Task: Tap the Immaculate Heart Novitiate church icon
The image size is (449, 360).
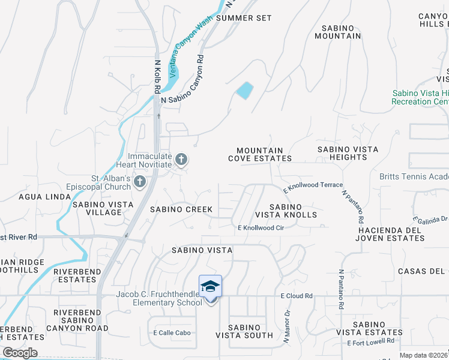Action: click(x=181, y=160)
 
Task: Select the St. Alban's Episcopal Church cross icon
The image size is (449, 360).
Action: click(x=140, y=181)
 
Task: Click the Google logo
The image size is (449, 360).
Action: click(x=20, y=352)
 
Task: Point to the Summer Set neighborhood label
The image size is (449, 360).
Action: click(x=244, y=18)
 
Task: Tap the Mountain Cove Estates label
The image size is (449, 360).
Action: click(x=259, y=155)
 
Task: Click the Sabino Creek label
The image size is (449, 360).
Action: click(x=181, y=209)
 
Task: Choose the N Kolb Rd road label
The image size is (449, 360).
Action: click(x=157, y=76)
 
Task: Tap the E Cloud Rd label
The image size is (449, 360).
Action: click(x=297, y=296)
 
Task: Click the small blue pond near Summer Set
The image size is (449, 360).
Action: click(x=244, y=91)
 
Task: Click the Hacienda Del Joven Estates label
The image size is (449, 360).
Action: click(x=392, y=234)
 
